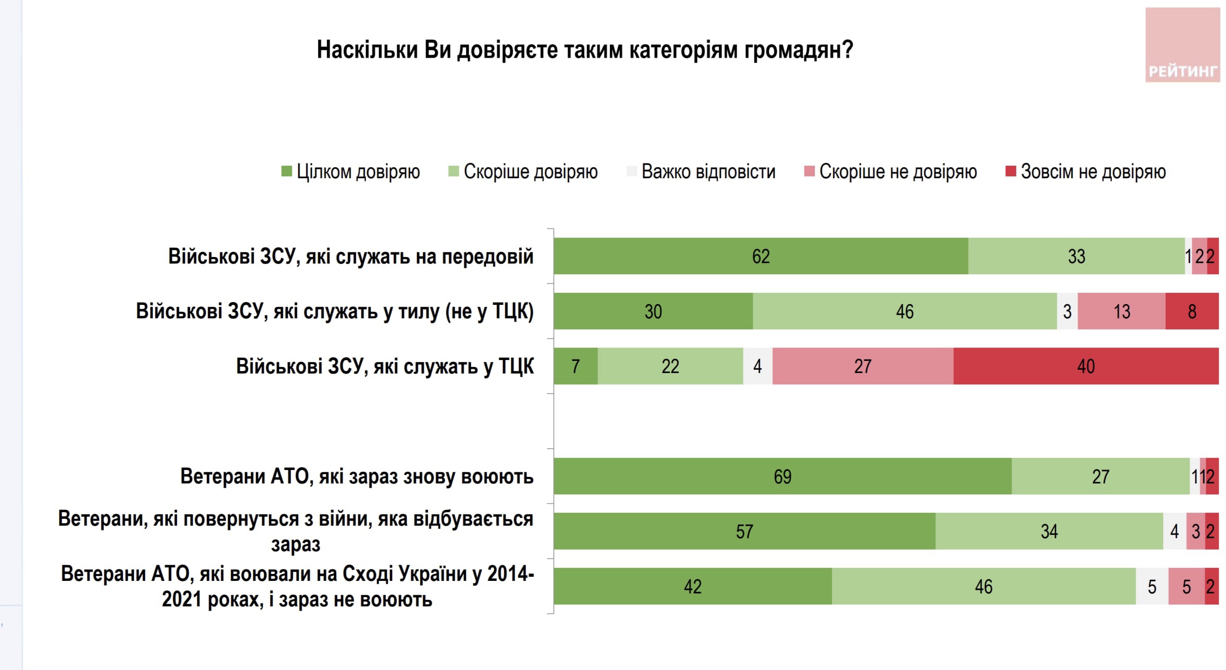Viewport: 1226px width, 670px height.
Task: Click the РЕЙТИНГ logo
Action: pos(1182,45)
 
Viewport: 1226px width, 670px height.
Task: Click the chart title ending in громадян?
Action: pos(585,50)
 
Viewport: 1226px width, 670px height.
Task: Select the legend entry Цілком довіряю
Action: pos(351,171)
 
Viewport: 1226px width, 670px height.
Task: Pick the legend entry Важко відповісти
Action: pos(701,171)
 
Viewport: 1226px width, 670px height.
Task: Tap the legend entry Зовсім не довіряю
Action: pos(1085,171)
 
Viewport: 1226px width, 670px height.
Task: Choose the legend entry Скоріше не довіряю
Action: pos(891,171)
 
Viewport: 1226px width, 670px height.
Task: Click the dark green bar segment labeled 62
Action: pos(761,256)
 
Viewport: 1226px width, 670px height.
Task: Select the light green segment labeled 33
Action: pos(1076,256)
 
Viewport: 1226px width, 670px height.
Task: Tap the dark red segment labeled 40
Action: pos(1085,366)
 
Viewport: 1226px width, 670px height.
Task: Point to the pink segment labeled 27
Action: pos(862,366)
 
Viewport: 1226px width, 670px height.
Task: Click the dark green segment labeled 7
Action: pos(575,366)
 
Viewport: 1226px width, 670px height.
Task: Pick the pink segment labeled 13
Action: pos(1121,311)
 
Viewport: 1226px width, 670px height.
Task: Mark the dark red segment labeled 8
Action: pos(1192,311)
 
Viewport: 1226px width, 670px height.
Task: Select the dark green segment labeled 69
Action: pos(783,476)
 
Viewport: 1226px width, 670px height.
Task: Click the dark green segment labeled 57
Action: pos(745,531)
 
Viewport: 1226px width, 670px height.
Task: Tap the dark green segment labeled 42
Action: pos(693,586)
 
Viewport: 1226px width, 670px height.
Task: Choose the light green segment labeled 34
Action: pos(1049,531)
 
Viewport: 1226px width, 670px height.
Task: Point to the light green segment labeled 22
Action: pos(670,366)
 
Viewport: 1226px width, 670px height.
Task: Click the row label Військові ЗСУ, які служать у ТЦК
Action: pos(385,366)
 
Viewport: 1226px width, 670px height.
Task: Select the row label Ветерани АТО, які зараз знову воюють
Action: pos(356,476)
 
